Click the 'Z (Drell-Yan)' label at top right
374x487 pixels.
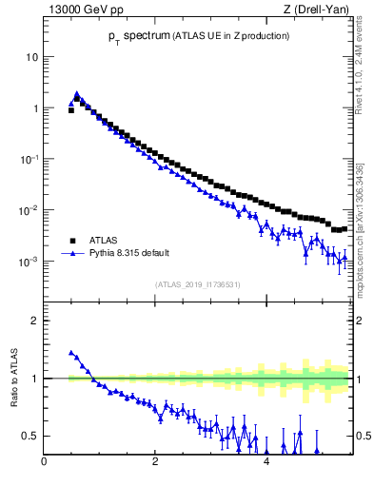(x=316, y=10)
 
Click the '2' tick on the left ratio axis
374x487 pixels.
(x=35, y=321)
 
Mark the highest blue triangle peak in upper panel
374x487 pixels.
(x=77, y=94)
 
